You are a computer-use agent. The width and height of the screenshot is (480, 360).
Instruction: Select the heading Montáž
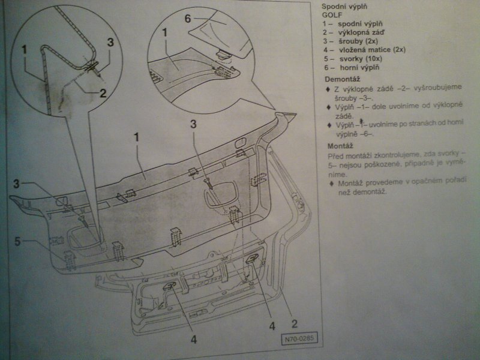tap(339, 146)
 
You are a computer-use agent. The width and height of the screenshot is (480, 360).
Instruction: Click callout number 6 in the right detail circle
tap(188, 19)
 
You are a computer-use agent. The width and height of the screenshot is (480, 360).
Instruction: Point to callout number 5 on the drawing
tap(18, 242)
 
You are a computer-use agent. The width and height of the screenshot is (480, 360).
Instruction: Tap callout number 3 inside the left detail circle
tap(110, 43)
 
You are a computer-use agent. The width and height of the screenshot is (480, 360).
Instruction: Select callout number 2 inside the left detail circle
tap(103, 93)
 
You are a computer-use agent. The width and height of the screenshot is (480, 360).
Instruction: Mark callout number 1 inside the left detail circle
tap(23, 49)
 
